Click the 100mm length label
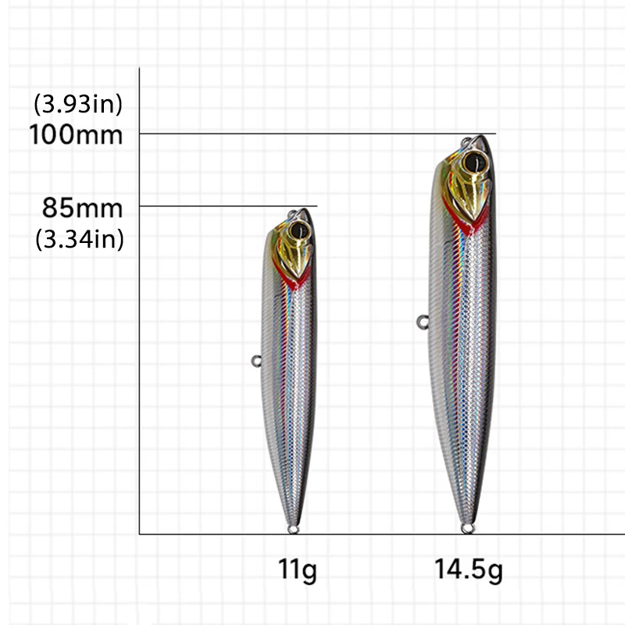[76, 134]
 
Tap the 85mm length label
[83, 208]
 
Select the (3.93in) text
[78, 102]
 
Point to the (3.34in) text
[80, 239]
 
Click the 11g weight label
[298, 571]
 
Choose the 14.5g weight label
[469, 571]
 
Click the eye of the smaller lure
[299, 231]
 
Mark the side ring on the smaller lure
[256, 360]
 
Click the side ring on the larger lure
[422, 320]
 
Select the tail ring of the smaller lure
[294, 530]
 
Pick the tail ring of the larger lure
[468, 529]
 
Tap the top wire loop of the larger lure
[467, 142]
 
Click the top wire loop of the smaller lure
[295, 213]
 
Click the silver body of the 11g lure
[289, 391]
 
